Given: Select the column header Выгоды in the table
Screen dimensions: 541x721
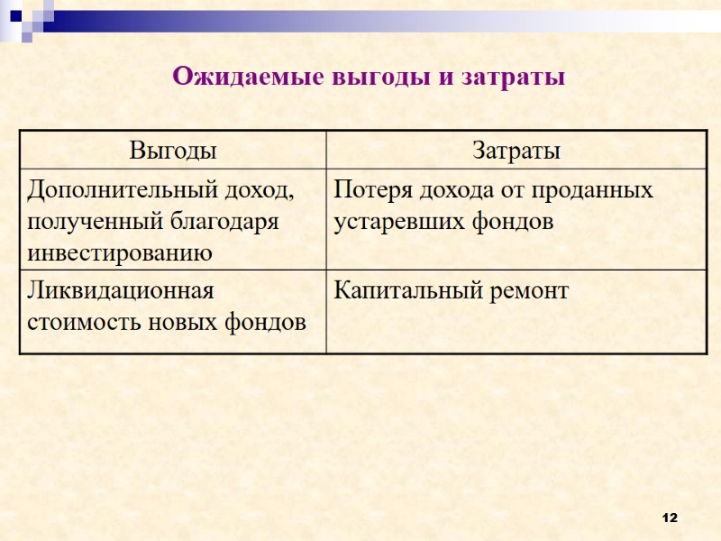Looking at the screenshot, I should [x=173, y=150].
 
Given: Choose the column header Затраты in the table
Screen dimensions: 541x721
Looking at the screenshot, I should [x=516, y=150].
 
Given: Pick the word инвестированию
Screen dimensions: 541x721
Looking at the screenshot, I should [x=120, y=252].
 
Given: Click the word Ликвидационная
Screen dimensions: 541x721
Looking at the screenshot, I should [x=120, y=291].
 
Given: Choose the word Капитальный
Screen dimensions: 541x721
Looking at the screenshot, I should [x=399, y=291].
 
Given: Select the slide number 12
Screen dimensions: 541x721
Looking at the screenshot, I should [x=669, y=518].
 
